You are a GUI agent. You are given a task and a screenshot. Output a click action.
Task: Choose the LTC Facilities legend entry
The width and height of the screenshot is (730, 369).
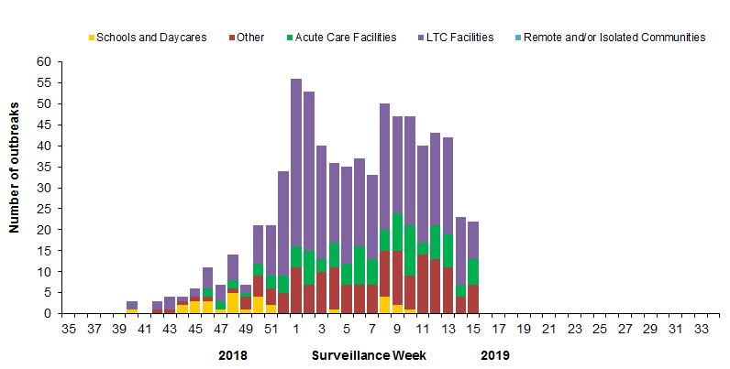456,38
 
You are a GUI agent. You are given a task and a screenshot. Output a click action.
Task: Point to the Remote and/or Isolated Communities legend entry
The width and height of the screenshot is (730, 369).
621,38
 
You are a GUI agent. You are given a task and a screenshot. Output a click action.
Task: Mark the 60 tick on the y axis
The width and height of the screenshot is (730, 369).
45,61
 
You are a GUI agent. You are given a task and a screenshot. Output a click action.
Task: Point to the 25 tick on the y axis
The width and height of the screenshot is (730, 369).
45,209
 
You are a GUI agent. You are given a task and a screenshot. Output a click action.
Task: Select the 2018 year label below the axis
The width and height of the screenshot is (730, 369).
235,353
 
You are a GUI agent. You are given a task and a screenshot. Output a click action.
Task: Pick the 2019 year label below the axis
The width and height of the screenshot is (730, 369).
492,353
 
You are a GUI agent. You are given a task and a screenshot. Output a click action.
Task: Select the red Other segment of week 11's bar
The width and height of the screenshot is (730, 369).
424,284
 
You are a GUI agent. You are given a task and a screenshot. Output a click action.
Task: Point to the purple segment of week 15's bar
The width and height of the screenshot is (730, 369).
474,240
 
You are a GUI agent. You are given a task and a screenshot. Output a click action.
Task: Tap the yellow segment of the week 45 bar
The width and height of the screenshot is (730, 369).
195,308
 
